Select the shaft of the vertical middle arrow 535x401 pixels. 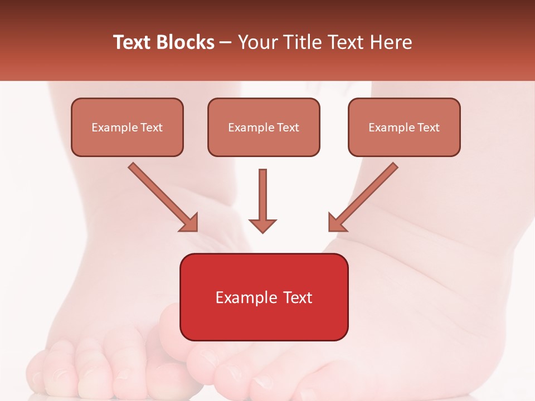[x=262, y=192]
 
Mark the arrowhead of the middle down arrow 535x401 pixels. [x=262, y=225]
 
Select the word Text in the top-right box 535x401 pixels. [x=428, y=128]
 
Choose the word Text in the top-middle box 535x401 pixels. [x=288, y=128]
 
